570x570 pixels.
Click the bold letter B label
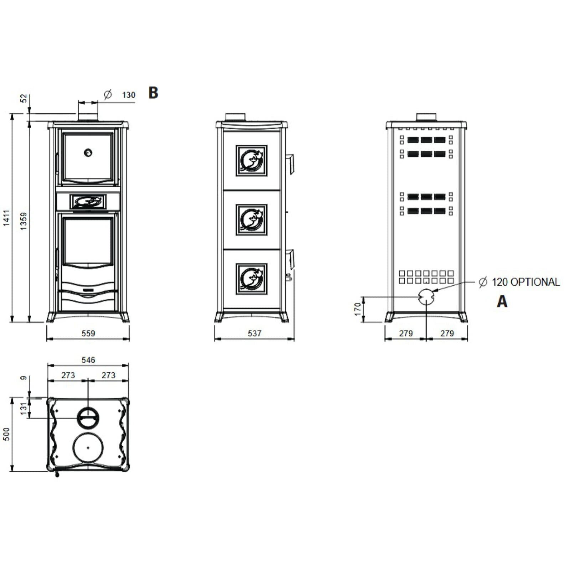(153, 93)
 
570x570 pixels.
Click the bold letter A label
(502, 301)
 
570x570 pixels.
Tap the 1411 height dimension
(7, 218)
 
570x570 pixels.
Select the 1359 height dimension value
(24, 221)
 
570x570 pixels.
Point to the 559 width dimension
(88, 333)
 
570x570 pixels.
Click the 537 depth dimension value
(254, 333)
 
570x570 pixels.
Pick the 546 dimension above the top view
(88, 360)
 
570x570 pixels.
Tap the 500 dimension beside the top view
(7, 434)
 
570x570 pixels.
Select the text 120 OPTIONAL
(525, 282)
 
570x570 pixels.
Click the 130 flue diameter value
(129, 95)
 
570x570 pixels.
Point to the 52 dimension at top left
(24, 98)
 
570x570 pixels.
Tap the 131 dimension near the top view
(24, 409)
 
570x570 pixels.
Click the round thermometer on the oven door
(88, 153)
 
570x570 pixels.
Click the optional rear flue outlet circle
(426, 296)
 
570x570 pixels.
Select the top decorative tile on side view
(252, 160)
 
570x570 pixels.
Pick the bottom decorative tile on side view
(252, 279)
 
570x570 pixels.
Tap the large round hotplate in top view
(88, 447)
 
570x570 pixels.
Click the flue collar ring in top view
(88, 417)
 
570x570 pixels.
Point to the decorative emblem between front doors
(88, 202)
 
